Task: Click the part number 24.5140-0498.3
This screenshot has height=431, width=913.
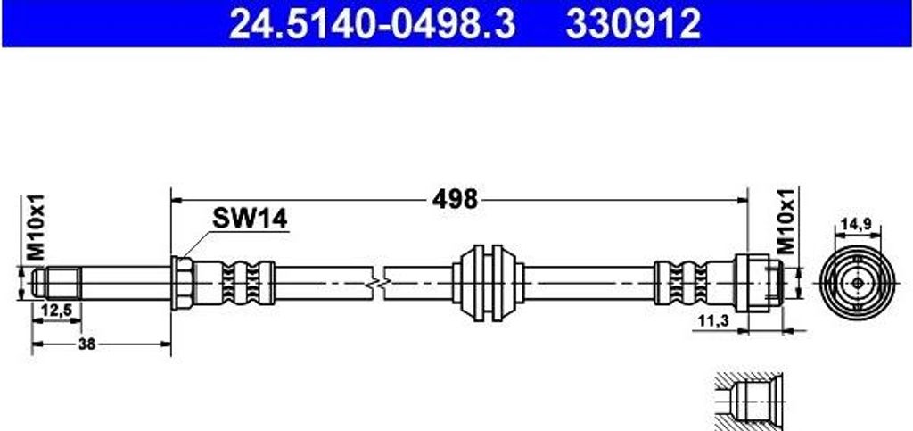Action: [x=373, y=24]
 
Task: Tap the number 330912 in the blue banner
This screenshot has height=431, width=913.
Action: [x=633, y=24]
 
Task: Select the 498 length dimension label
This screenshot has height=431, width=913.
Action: [x=455, y=200]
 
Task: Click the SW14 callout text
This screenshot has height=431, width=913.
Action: [x=250, y=219]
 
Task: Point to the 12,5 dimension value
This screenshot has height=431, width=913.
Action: [x=56, y=311]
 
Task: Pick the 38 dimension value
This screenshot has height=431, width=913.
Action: [x=86, y=344]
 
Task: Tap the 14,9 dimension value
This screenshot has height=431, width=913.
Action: [x=857, y=223]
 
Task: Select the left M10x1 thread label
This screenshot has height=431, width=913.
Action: [x=36, y=228]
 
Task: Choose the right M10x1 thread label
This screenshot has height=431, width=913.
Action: [x=787, y=222]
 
